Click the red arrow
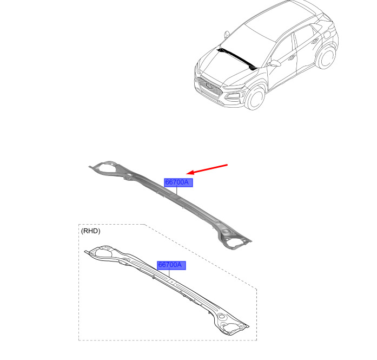(207, 169)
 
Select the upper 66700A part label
(178, 182)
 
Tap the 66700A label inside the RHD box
(171, 265)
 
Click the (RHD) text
(91, 231)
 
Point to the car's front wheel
(255, 98)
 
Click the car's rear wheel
(326, 57)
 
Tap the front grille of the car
(209, 87)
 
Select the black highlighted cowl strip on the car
(237, 58)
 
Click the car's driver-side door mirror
(275, 63)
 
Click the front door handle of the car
(292, 57)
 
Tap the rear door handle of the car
(315, 41)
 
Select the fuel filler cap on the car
(327, 35)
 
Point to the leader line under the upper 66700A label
(177, 191)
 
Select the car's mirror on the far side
(227, 35)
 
